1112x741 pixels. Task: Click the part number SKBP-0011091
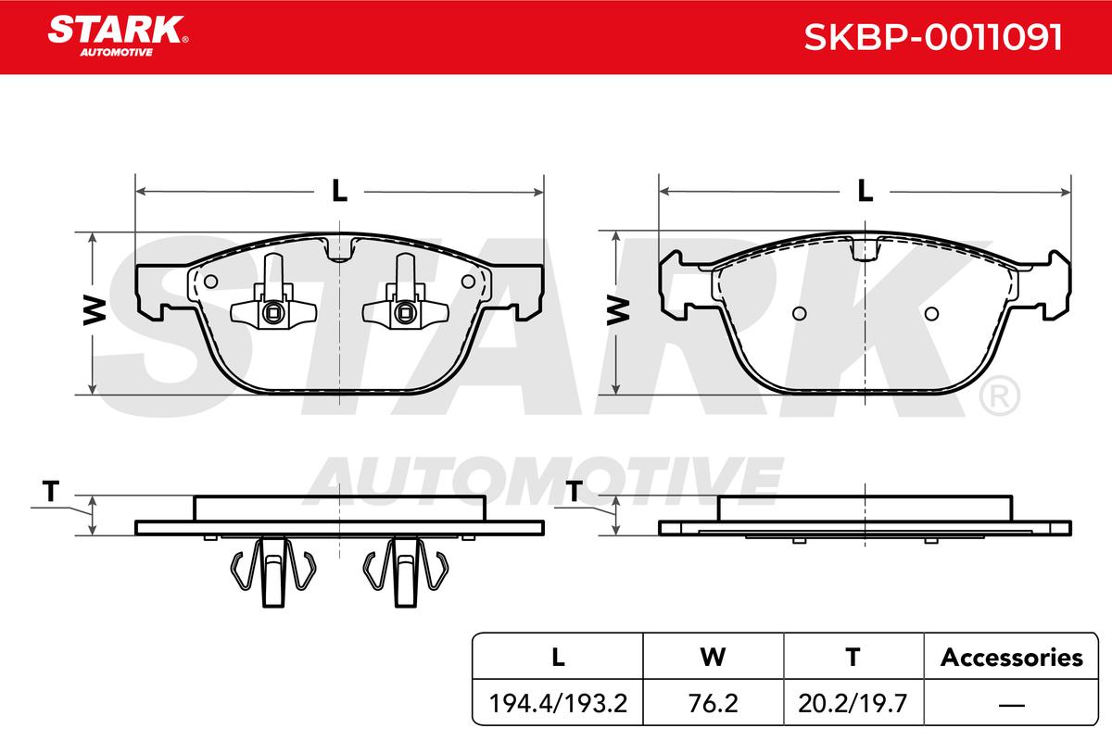point(933,37)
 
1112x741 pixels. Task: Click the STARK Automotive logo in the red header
point(118,36)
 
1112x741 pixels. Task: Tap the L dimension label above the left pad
point(339,191)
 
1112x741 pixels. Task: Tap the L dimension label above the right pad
point(865,191)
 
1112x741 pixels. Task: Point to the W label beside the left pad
point(95,310)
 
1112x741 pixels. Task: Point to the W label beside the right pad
point(618,310)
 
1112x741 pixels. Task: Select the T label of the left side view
point(51,491)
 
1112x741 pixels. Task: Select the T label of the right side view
point(575,491)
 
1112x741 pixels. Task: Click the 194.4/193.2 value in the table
point(558,703)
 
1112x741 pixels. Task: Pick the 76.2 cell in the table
point(713,703)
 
